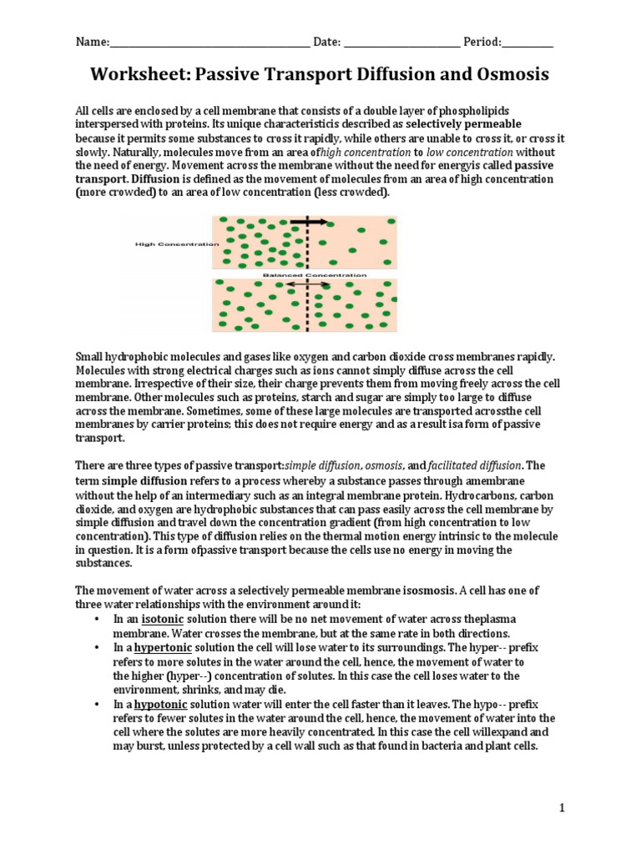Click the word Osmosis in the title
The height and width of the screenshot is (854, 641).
(x=512, y=75)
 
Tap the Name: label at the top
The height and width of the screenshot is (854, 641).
(x=93, y=42)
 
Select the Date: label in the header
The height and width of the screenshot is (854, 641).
(x=327, y=42)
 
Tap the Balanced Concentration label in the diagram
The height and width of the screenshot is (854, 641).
(x=314, y=274)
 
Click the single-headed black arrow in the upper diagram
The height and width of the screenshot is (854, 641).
(x=308, y=222)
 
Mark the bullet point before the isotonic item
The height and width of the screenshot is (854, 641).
(x=98, y=620)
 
